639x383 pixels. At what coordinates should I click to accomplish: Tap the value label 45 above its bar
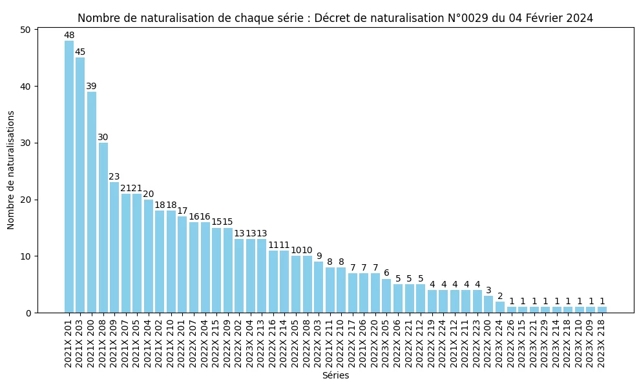[x=80, y=52]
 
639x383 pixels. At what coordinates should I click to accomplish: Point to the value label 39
[x=92, y=87]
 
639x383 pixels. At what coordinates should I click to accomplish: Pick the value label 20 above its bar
[x=149, y=194]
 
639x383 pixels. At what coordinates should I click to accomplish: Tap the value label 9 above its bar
[x=319, y=256]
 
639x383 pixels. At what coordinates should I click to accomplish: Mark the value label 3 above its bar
[x=489, y=291]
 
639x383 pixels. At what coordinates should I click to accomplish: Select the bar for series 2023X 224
[x=500, y=307]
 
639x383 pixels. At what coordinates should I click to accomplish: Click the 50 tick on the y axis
[x=25, y=30]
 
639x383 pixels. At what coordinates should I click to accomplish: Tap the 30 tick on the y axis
[x=25, y=143]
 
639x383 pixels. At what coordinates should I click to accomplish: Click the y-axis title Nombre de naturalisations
[x=11, y=170]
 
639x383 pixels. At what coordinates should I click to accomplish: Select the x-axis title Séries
[x=335, y=375]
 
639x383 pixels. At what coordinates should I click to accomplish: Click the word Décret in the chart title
[x=333, y=18]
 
